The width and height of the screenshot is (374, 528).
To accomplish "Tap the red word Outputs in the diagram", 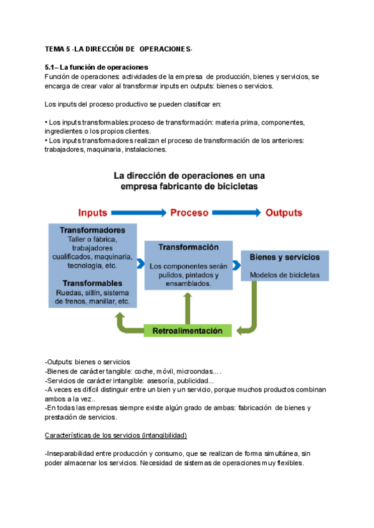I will (x=284, y=212).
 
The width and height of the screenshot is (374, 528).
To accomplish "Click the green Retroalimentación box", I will (x=188, y=331).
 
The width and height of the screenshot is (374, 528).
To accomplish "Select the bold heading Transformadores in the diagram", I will (x=93, y=230).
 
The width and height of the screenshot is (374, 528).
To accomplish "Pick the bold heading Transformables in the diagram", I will (x=93, y=283).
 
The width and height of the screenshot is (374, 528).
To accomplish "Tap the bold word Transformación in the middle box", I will (x=188, y=247).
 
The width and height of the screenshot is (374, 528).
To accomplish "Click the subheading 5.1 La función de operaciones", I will (x=96, y=67).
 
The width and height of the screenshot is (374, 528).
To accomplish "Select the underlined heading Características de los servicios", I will (x=116, y=435).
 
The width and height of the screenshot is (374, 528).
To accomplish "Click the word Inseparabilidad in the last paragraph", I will (x=72, y=453).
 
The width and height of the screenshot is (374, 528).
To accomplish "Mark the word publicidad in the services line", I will (x=197, y=380).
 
